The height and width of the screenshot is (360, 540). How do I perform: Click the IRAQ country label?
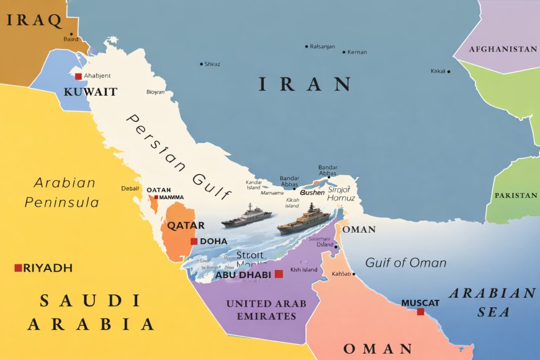(x=34, y=20)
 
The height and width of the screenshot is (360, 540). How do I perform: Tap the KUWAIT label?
(x=90, y=92)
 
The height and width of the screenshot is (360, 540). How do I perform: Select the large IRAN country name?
(x=305, y=84)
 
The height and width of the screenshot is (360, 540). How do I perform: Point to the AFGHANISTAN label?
(x=503, y=48)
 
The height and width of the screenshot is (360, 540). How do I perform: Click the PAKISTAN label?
(x=515, y=196)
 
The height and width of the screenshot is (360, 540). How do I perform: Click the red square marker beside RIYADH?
(x=18, y=268)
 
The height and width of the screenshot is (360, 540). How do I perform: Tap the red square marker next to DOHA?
(x=194, y=241)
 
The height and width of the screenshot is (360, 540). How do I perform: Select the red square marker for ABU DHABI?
(x=279, y=274)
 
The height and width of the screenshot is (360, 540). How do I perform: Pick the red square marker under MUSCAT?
(x=420, y=312)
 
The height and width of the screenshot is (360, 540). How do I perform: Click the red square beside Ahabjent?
(x=78, y=76)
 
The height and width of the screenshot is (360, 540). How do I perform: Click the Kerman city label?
(x=357, y=52)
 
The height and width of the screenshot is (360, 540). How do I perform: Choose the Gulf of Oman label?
(x=405, y=263)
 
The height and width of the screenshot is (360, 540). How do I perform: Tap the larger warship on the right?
(x=304, y=220)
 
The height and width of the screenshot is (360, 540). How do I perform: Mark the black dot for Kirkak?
(x=449, y=71)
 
